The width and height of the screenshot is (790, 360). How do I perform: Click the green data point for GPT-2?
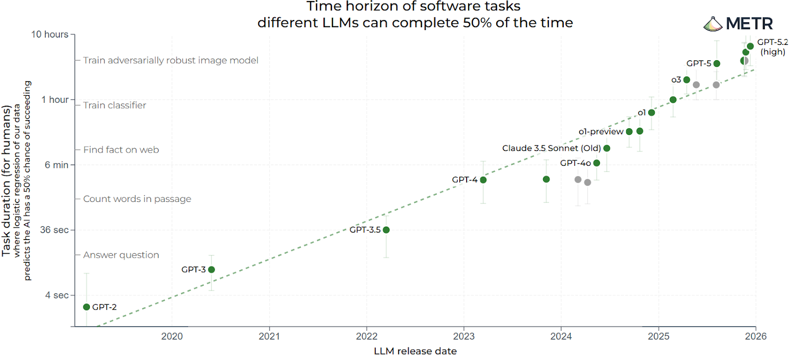coord(86,307)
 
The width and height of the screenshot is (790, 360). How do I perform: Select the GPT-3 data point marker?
coord(211,270)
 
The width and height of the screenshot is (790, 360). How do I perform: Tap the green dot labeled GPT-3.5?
coord(386,230)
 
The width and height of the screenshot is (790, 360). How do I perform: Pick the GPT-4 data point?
coord(483,180)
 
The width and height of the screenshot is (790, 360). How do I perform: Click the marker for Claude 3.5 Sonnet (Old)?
coord(607,148)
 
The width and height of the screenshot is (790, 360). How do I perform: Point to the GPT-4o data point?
coord(596,163)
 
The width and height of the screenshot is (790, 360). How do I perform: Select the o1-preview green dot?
coord(629,132)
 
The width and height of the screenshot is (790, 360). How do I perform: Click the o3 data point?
coord(687,80)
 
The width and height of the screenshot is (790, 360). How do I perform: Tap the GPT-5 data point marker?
coord(717,64)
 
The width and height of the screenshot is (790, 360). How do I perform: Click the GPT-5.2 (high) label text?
coord(773,47)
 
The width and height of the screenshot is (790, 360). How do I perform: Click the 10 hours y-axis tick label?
coord(50,35)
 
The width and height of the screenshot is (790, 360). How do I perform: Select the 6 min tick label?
coord(57,165)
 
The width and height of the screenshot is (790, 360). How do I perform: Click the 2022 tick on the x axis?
coord(366,336)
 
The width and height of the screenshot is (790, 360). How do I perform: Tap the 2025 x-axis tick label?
coord(659,336)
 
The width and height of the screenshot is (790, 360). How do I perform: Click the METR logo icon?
coord(712,24)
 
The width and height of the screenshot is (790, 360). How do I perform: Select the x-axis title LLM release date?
coord(415,351)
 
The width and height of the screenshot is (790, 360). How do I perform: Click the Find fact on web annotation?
coord(121,150)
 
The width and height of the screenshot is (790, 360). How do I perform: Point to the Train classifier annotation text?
coord(115,105)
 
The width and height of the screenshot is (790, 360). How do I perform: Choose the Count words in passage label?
coord(137,199)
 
